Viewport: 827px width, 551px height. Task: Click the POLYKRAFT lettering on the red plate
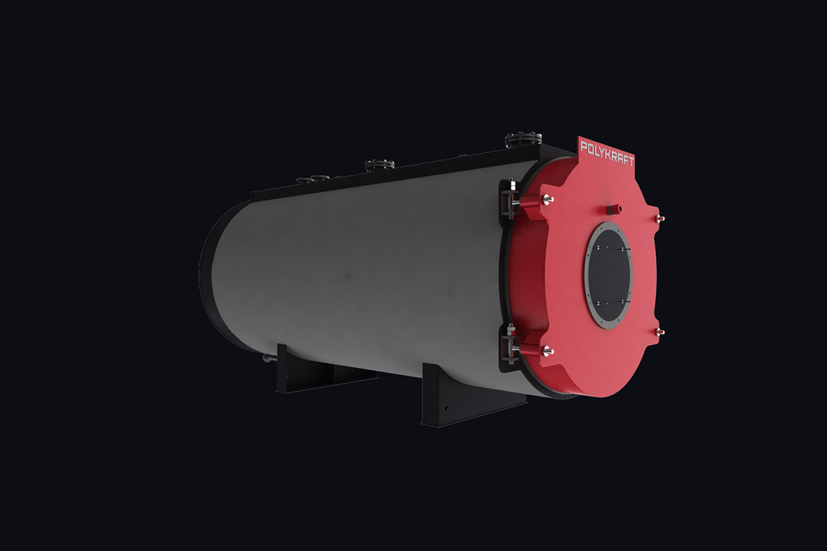607,154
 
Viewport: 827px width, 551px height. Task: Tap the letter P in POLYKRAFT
584,147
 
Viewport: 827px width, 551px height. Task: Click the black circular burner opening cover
609,275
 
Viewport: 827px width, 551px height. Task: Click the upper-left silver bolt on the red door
548,200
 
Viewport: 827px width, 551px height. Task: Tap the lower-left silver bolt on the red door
548,352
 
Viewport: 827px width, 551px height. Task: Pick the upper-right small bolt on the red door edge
660,219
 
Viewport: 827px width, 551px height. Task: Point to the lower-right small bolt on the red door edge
660,332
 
